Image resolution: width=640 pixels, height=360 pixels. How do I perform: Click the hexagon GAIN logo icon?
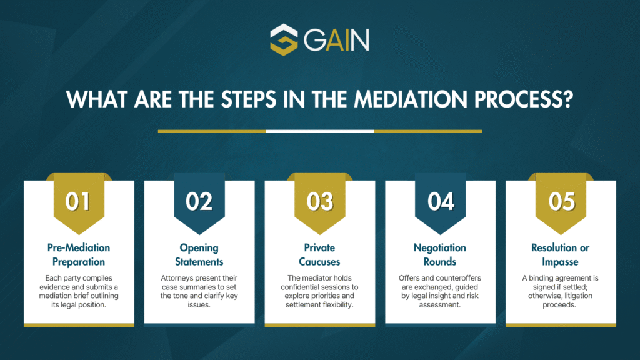[284, 39]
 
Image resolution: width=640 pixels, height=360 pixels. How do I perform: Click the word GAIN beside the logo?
[336, 40]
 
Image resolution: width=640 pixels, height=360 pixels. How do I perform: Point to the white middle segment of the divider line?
[320, 131]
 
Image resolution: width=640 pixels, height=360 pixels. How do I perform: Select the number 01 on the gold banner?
[78, 202]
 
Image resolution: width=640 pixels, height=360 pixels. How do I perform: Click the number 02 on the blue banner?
[199, 202]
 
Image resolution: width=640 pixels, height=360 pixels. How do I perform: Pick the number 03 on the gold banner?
[320, 202]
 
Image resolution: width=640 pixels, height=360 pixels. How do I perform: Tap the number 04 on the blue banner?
[441, 202]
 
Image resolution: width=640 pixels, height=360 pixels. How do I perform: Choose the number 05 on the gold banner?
[562, 202]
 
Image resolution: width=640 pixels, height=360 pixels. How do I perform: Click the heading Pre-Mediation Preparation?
[79, 255]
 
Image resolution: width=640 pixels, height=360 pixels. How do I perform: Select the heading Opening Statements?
[199, 255]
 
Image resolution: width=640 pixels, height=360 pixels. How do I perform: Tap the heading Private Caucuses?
[319, 255]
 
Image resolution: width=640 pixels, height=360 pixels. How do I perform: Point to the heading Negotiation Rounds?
[440, 255]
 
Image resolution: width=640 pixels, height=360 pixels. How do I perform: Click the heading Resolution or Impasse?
[561, 255]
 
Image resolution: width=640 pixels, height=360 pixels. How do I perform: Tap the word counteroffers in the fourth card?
[457, 278]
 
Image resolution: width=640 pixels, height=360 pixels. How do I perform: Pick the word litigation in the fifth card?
[575, 296]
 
